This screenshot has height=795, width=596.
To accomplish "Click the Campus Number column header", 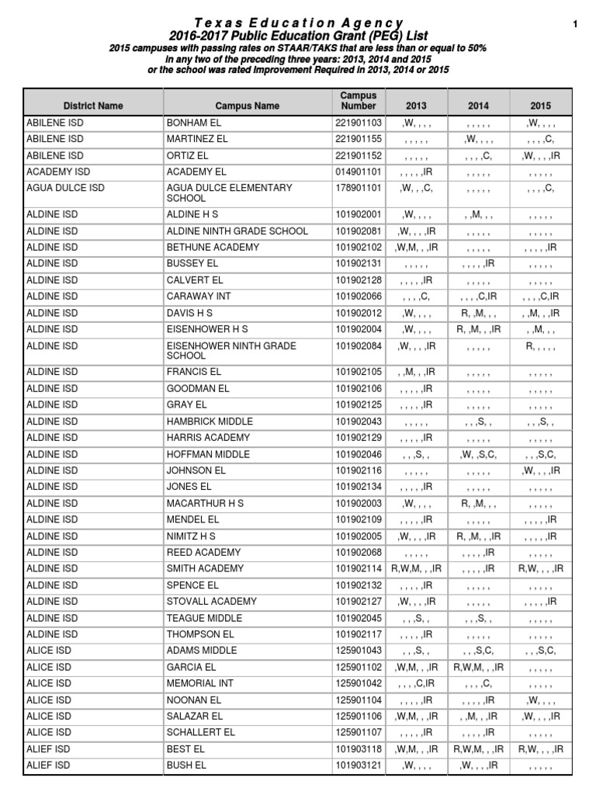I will tap(358, 100).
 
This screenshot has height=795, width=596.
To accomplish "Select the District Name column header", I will tap(93, 106).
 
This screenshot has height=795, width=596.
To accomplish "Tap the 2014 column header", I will tap(478, 106).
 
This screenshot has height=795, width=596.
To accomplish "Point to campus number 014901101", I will tap(359, 172).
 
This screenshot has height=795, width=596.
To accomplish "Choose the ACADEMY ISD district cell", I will tap(58, 172).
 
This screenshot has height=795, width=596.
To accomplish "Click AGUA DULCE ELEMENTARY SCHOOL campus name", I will tap(230, 193).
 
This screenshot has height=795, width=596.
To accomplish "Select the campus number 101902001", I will tap(359, 214).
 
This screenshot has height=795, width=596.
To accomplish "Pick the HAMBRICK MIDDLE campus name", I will tap(210, 422).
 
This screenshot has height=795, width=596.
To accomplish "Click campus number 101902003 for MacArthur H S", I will tap(359, 503).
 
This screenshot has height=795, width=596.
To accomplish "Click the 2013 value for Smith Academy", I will tap(416, 569).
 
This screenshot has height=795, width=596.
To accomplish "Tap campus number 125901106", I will tap(359, 716).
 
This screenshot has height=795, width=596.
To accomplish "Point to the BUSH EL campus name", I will tap(186, 765).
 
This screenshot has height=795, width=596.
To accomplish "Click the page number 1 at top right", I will tap(575, 25).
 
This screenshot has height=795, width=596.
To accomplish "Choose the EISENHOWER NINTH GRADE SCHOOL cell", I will tap(231, 351).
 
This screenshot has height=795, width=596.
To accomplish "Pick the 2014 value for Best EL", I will tap(478, 749).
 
